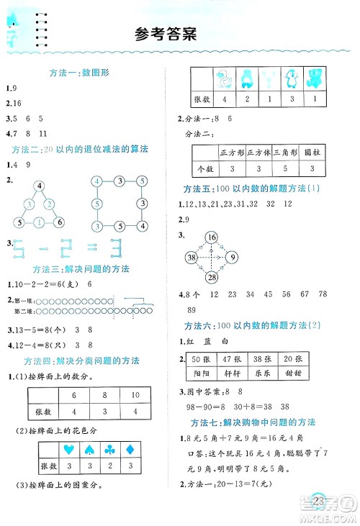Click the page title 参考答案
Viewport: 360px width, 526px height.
pyautogui.click(x=165, y=35)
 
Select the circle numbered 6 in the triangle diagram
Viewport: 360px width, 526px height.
pyautogui.click(x=60, y=222)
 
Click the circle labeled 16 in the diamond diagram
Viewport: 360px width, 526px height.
pyautogui.click(x=211, y=237)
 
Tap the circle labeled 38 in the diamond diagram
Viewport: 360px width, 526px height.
pyautogui.click(x=191, y=257)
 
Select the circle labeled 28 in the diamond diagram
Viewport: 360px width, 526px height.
pyautogui.click(x=211, y=278)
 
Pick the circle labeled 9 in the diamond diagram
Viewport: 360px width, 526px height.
pyautogui.click(x=232, y=257)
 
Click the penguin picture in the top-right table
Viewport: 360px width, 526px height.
pyautogui.click(x=292, y=77)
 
